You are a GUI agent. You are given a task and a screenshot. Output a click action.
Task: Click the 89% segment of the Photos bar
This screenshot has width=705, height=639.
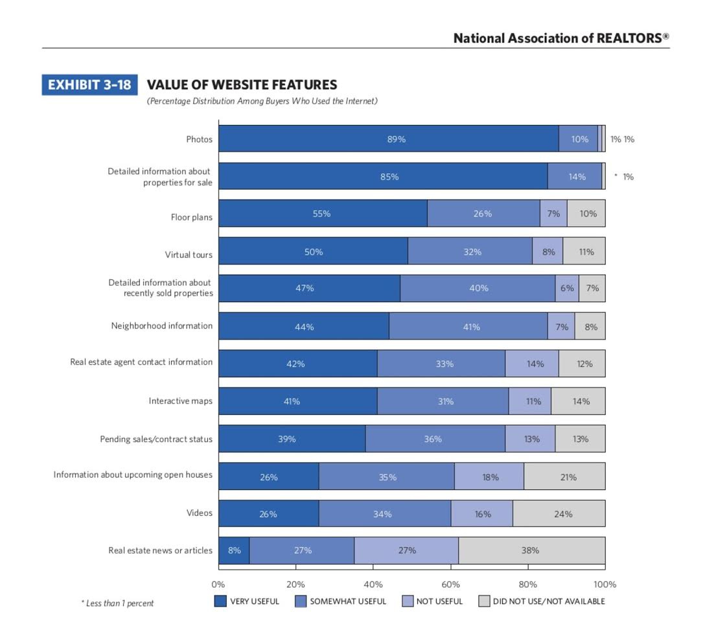pyautogui.click(x=389, y=139)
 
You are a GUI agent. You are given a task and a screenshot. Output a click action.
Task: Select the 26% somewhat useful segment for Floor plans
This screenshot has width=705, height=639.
pyautogui.click(x=483, y=213)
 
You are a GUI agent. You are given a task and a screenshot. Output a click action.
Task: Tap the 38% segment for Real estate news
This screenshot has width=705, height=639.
pyautogui.click(x=531, y=551)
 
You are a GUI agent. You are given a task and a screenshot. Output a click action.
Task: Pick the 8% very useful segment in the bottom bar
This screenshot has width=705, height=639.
pyautogui.click(x=234, y=551)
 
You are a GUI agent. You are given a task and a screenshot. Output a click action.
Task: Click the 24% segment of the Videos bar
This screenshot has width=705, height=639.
pyautogui.click(x=559, y=514)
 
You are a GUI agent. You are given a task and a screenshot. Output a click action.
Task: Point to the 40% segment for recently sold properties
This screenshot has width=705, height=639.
pyautogui.click(x=478, y=288)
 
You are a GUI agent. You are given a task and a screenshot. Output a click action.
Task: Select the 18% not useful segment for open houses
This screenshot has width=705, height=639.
pyautogui.click(x=489, y=477)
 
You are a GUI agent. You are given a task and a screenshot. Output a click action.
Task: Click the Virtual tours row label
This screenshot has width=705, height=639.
pyautogui.click(x=189, y=255)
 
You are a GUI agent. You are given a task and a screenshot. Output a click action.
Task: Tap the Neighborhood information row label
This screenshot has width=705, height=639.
pyautogui.click(x=162, y=326)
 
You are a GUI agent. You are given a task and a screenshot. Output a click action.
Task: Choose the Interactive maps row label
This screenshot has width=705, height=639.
pyautogui.click(x=181, y=401)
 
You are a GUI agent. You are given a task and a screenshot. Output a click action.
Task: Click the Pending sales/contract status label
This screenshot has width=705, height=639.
pyautogui.click(x=156, y=439)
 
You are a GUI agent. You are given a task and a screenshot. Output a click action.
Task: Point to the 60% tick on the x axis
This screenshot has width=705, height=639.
pyautogui.click(x=450, y=584)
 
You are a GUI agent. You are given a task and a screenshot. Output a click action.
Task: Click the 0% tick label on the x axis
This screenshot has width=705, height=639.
pyautogui.click(x=218, y=584)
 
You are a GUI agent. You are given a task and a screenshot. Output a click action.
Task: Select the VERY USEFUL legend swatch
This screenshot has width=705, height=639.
pyautogui.click(x=221, y=601)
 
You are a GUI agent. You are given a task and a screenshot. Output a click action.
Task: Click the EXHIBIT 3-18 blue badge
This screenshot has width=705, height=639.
pyautogui.click(x=89, y=85)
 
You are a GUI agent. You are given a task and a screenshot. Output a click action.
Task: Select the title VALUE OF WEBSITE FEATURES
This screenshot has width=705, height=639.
pyautogui.click(x=242, y=85)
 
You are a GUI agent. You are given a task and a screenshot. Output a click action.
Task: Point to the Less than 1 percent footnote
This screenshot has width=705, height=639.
pyautogui.click(x=117, y=603)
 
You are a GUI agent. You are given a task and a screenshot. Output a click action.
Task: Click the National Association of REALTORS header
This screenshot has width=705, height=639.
pyautogui.click(x=561, y=38)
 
